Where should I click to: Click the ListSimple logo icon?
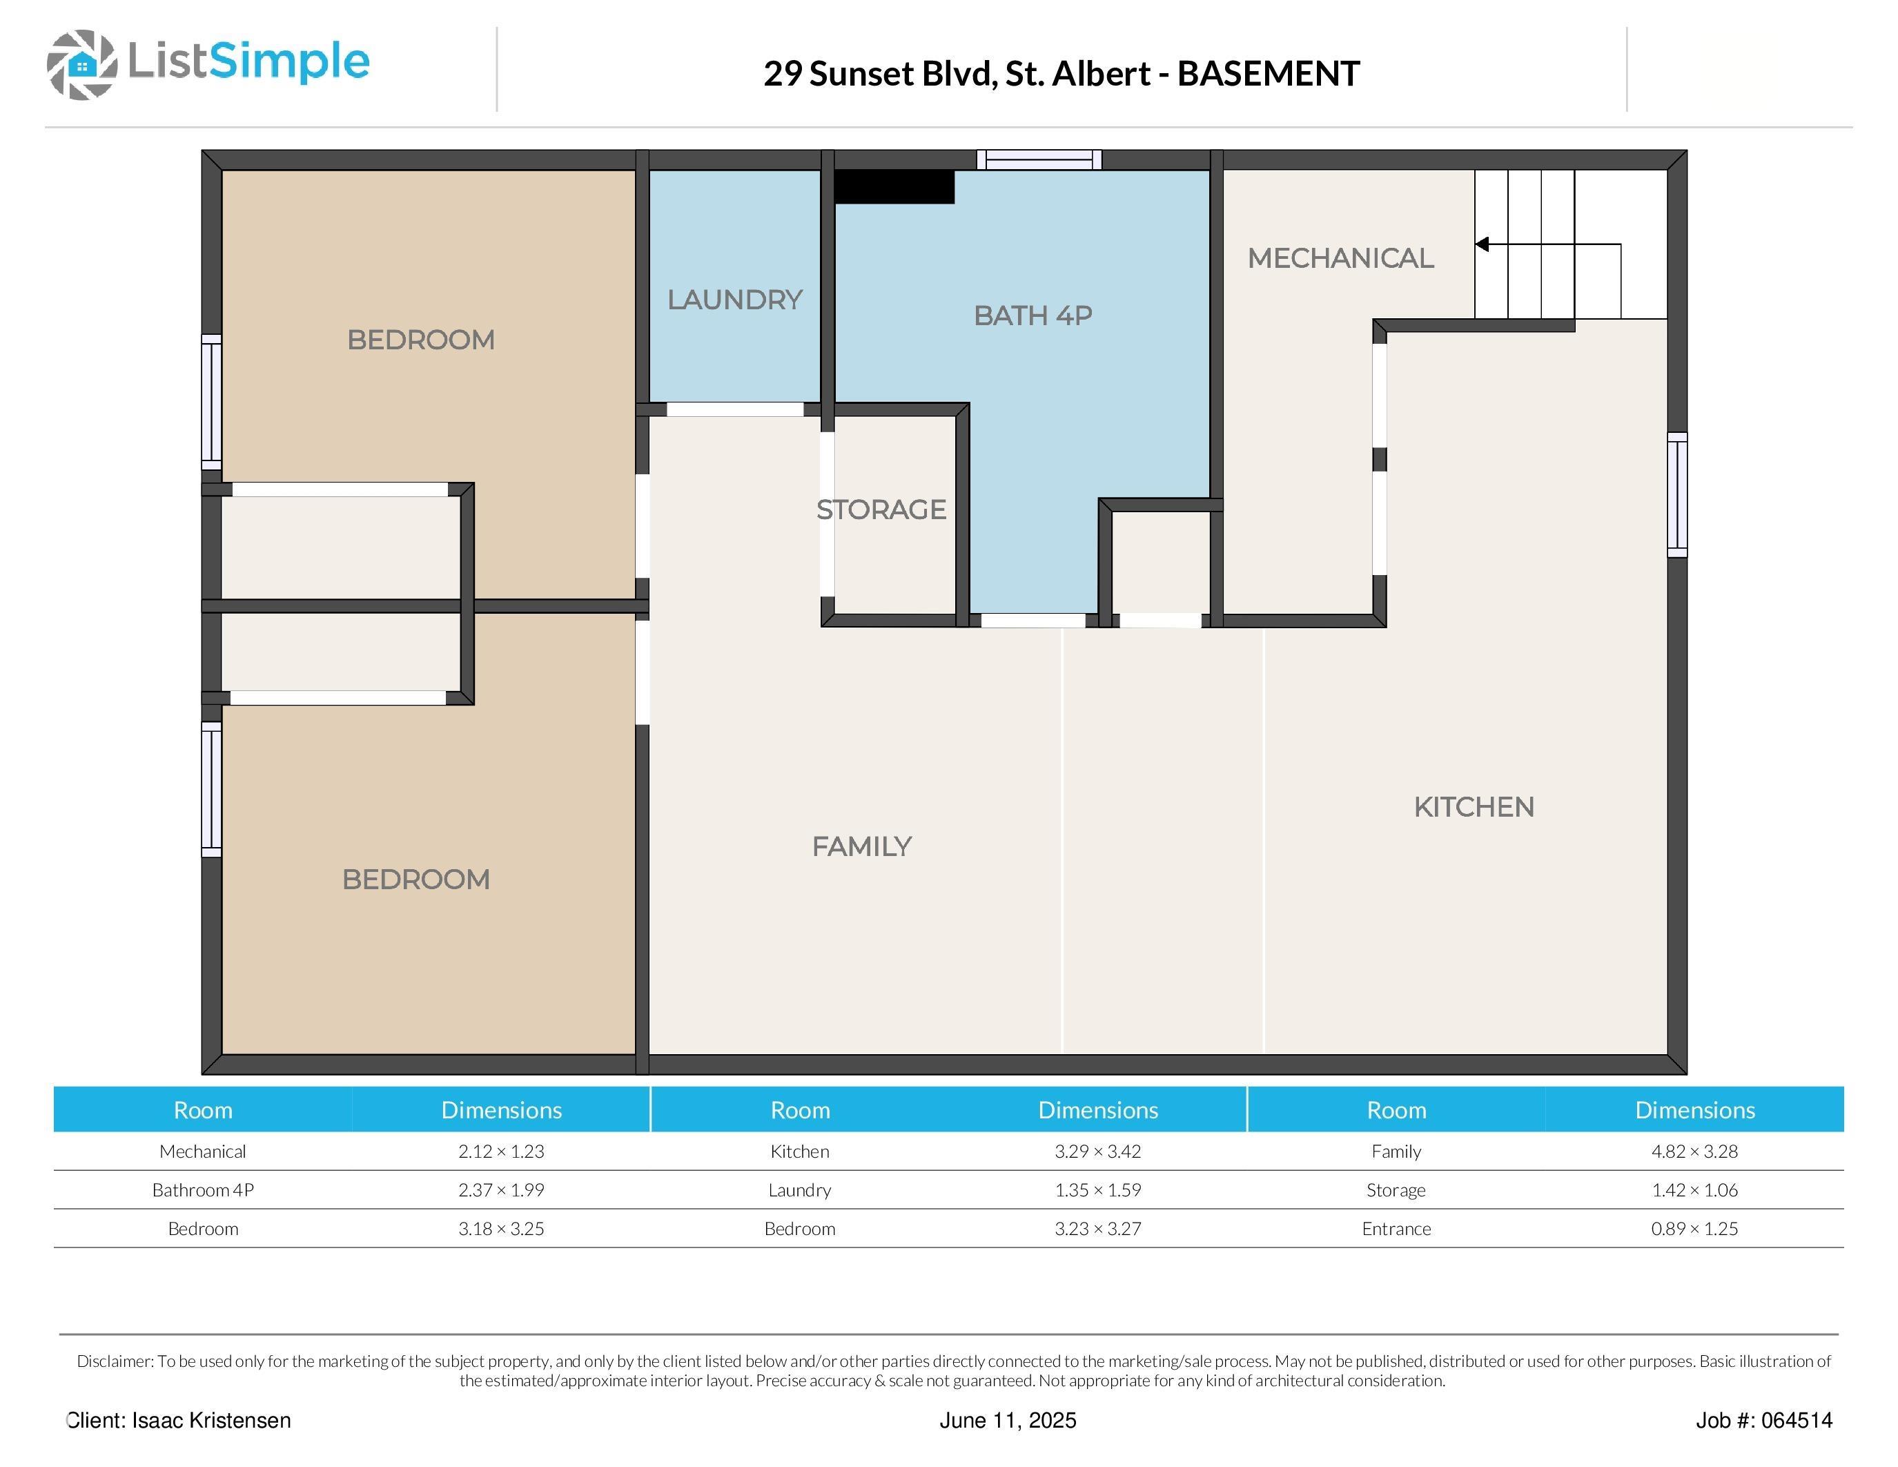[x=81, y=64]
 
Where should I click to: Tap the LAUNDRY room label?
[x=734, y=300]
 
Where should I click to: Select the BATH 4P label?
[x=1033, y=315]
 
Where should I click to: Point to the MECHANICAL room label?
[x=1340, y=258]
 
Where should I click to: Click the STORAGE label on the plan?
[x=881, y=509]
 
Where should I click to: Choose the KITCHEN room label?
[x=1474, y=808]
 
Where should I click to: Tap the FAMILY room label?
[x=861, y=846]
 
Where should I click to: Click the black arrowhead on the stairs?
[x=1482, y=244]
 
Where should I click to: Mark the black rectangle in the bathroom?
[x=894, y=187]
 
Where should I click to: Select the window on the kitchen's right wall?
[x=1677, y=494]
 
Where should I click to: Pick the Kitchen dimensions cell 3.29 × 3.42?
[x=1097, y=1152]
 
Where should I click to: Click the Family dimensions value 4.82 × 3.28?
[x=1694, y=1152]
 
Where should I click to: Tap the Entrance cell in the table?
[x=1396, y=1229]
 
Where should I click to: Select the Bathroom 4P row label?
[x=202, y=1189]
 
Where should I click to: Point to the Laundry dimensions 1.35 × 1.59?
[x=1097, y=1189]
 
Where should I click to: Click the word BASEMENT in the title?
[x=1268, y=74]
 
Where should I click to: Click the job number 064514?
[x=1797, y=1420]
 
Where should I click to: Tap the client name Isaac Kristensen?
[x=211, y=1420]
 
